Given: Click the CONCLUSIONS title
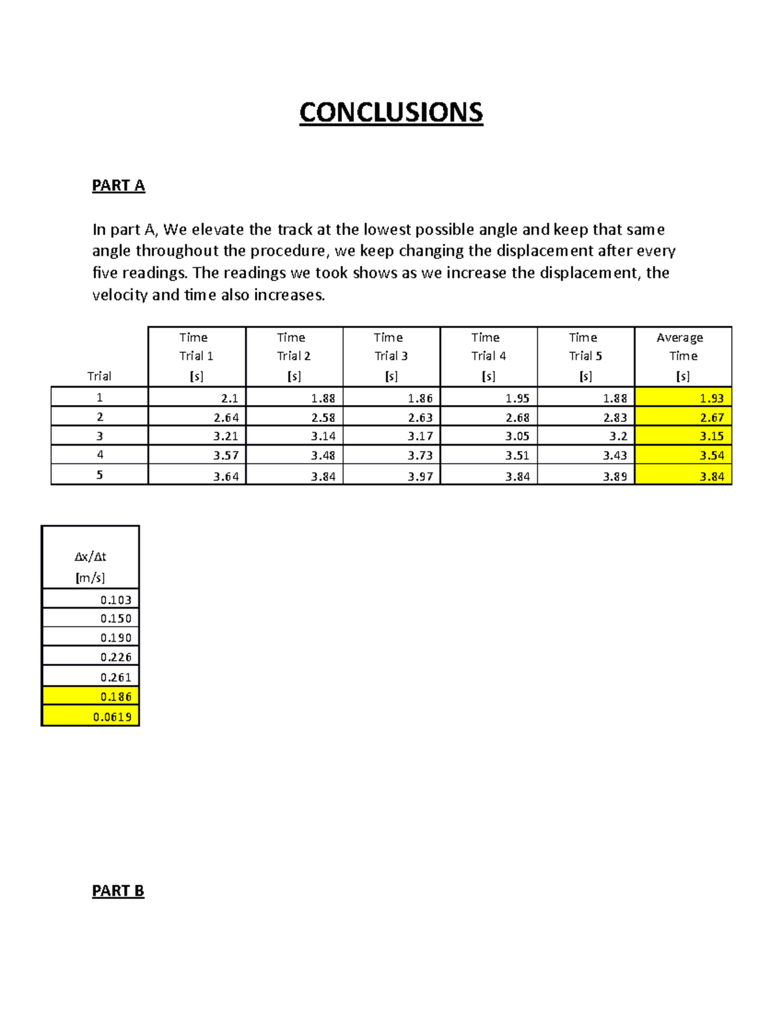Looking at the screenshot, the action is click(391, 112).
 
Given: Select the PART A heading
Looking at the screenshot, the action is click(118, 186).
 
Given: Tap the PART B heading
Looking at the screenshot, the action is click(118, 891).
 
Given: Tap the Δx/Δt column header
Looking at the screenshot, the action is click(90, 566).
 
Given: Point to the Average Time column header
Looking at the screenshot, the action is click(683, 356).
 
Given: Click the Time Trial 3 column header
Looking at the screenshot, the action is click(391, 356).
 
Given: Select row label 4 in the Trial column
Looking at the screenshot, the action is click(100, 455).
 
